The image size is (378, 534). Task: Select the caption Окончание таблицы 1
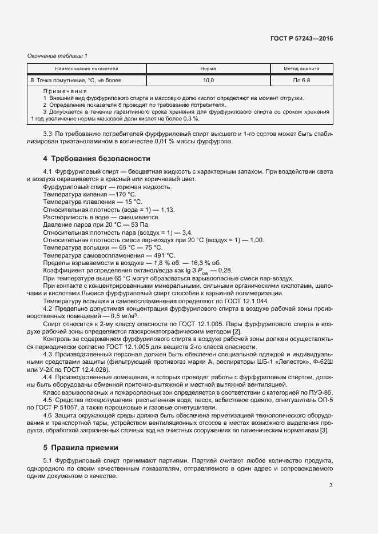[57, 55]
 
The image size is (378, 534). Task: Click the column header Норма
[208, 69]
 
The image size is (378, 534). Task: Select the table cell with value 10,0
[208, 81]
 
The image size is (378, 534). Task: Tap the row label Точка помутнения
[62, 81]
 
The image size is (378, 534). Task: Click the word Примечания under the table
[65, 91]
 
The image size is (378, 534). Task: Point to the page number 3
[331, 485]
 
